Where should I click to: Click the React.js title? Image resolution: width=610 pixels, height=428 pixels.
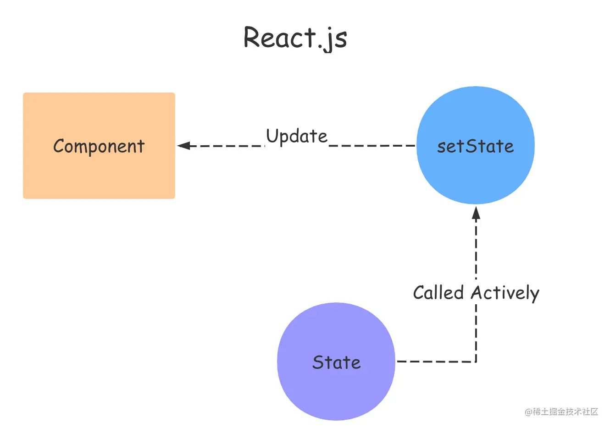pos(295,38)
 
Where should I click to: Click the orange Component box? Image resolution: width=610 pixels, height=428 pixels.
pos(99,146)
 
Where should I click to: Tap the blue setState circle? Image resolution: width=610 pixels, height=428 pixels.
pos(476,145)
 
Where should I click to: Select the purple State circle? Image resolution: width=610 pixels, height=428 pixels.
pos(336,362)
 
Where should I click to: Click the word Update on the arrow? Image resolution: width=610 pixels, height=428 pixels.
pos(297,136)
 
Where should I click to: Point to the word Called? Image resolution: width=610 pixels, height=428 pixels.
pos(438,292)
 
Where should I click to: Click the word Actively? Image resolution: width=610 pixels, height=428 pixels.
pos(505,293)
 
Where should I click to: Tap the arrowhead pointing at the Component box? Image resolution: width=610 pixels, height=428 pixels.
pos(183,146)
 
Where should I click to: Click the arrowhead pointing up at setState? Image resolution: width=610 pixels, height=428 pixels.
pos(476,213)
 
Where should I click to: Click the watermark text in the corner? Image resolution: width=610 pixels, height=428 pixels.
pos(561,412)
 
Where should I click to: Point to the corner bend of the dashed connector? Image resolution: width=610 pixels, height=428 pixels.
pos(476,362)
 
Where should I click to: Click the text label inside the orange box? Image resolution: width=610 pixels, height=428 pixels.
pos(99,146)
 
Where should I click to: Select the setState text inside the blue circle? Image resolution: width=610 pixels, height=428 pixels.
pos(475,146)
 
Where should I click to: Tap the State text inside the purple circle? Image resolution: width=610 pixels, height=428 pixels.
pos(336,362)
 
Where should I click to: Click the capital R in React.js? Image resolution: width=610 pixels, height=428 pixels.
pos(252,37)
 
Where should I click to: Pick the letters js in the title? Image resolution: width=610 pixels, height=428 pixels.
pos(335,39)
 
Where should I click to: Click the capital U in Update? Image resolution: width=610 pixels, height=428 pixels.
pos(272,135)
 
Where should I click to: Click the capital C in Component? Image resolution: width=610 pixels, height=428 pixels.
pos(59,146)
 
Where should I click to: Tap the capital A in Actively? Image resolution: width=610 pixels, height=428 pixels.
pos(478,292)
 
